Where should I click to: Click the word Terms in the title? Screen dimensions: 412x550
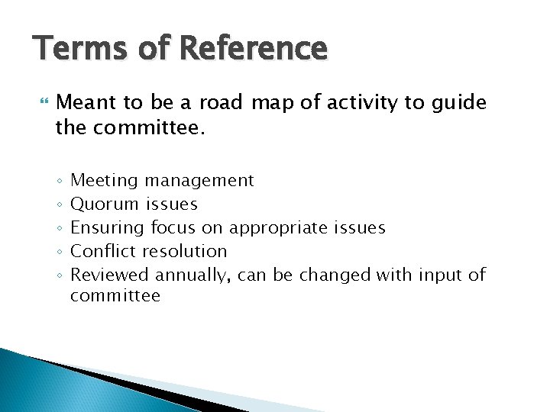click(x=72, y=49)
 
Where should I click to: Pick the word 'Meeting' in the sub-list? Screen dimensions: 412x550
click(x=104, y=181)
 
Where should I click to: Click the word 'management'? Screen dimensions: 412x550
click(x=199, y=181)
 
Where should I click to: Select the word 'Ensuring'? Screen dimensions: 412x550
click(x=108, y=228)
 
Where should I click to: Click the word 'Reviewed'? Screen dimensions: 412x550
click(x=110, y=274)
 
